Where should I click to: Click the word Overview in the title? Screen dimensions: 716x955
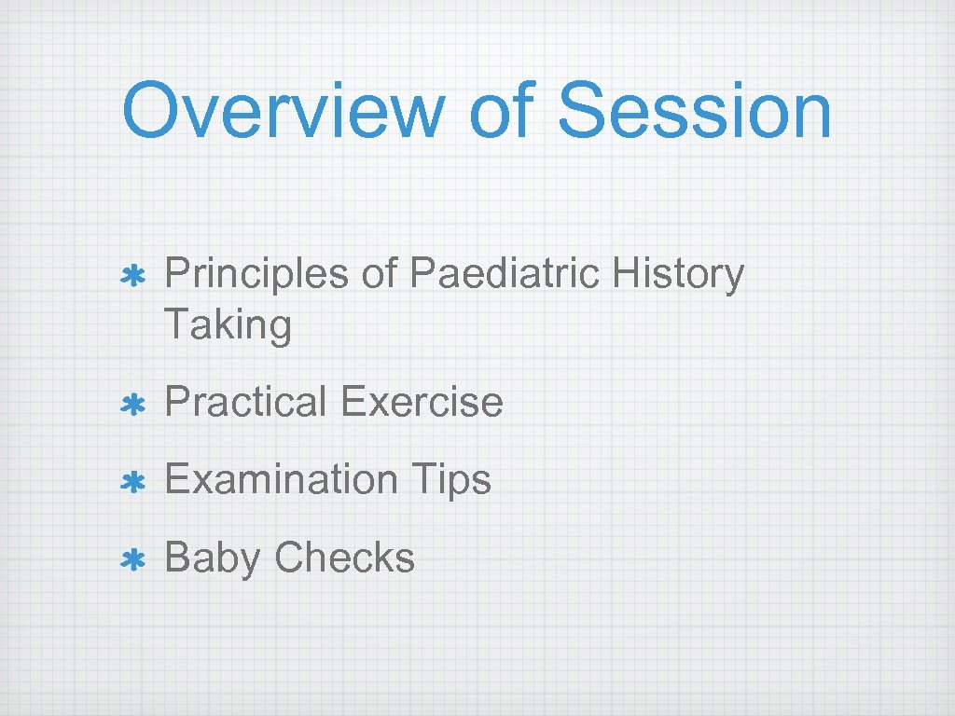[284, 111]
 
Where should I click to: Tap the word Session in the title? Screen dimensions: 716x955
[693, 111]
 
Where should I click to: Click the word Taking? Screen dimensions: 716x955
[228, 326]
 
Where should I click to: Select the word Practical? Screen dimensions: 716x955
[244, 403]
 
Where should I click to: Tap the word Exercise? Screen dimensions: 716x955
[422, 403]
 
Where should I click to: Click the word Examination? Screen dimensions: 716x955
[281, 480]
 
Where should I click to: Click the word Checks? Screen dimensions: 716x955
[344, 558]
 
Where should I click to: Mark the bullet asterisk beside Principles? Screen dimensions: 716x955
[132, 277]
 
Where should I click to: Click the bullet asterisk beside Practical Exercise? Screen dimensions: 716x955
[132, 405]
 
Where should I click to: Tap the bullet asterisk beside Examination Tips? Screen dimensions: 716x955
[132, 482]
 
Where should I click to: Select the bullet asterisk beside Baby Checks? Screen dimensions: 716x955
[132, 559]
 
